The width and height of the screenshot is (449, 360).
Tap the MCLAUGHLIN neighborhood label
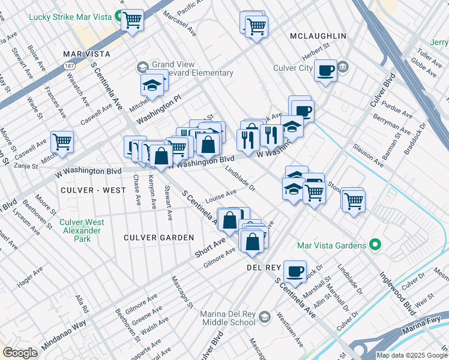point(318,36)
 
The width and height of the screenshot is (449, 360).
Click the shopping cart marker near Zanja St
point(62,142)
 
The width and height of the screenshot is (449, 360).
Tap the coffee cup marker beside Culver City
point(326,70)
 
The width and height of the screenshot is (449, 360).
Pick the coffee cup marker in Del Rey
point(295,271)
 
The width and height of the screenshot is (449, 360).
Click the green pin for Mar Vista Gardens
point(375,245)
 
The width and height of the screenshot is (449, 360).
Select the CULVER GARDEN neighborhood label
point(158,238)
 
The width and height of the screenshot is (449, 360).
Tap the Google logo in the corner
point(20,353)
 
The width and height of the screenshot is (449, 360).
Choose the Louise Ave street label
point(221,196)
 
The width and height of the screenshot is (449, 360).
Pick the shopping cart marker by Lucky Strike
point(132,20)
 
